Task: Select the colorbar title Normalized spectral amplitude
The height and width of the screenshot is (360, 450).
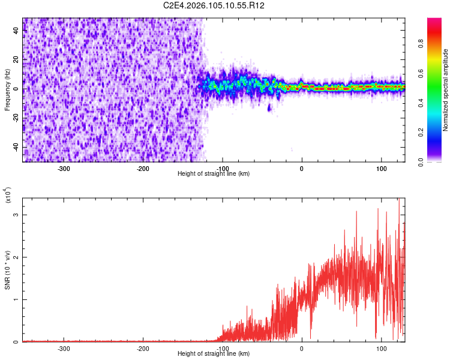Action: [446, 90]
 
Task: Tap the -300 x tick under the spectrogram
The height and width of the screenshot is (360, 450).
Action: [64, 169]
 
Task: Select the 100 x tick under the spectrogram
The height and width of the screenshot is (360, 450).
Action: [381, 169]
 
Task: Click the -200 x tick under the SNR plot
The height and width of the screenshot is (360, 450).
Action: [143, 349]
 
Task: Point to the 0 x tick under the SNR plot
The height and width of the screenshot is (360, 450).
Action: [302, 349]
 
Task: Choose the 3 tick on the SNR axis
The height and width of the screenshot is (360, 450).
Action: [17, 215]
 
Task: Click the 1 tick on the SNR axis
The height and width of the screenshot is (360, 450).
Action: [17, 299]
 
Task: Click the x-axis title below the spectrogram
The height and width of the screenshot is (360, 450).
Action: [214, 174]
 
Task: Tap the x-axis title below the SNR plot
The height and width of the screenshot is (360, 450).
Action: [214, 354]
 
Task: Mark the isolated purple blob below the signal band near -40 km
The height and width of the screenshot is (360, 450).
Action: [269, 107]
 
